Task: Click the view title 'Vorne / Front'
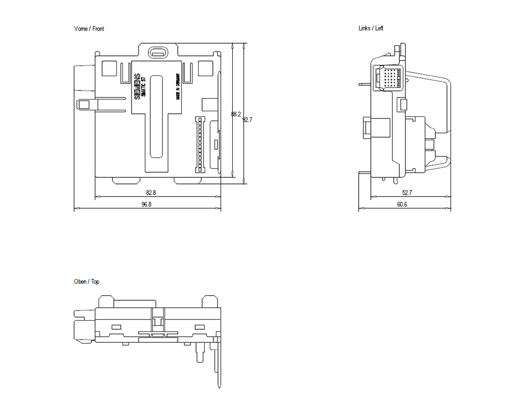click(89, 29)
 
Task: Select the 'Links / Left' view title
click(371, 28)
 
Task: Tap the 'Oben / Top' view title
click(87, 281)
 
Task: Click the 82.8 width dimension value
click(151, 193)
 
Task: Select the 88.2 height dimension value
click(236, 114)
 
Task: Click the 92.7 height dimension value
click(247, 120)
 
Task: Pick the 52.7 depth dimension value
click(407, 193)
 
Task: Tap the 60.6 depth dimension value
click(402, 204)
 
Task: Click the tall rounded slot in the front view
click(157, 115)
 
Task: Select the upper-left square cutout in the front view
click(109, 68)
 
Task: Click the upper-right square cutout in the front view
click(205, 68)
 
